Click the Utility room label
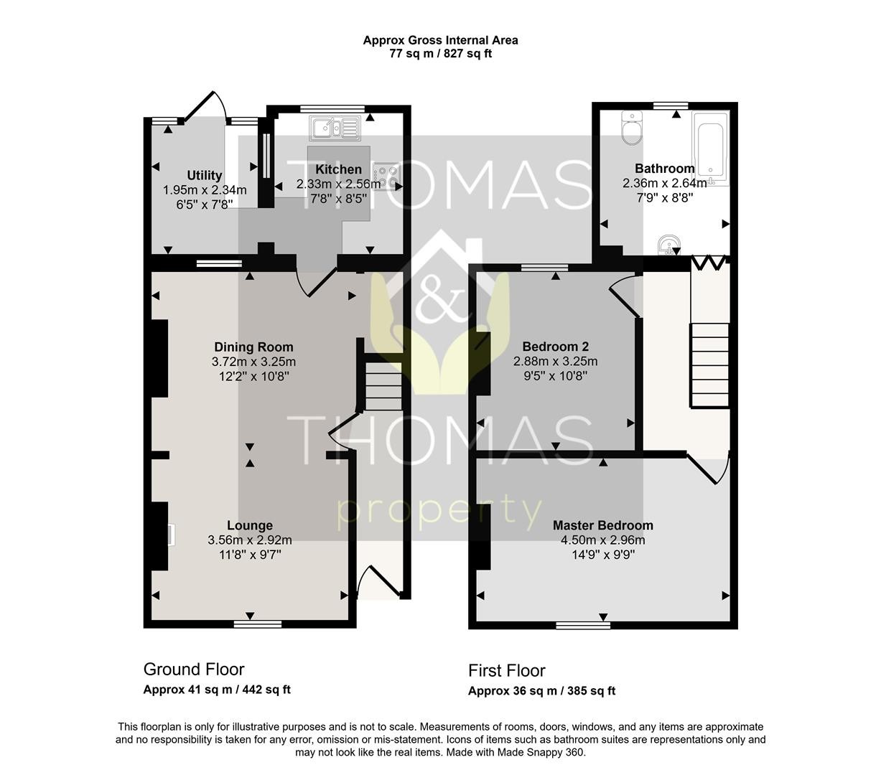[204, 175]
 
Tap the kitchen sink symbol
[335, 128]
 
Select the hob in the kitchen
[386, 175]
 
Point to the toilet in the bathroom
[632, 127]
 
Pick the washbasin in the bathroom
[668, 245]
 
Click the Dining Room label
[253, 347]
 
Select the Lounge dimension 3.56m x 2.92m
[250, 540]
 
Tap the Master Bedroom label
[602, 525]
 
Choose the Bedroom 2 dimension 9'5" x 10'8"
[555, 375]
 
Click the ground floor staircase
[383, 386]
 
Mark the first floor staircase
[709, 365]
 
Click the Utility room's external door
[205, 105]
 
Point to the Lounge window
[258, 624]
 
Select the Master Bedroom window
[583, 625]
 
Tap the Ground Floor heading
[194, 669]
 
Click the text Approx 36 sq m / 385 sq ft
[541, 690]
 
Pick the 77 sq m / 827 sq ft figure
[441, 54]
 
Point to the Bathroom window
[671, 105]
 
